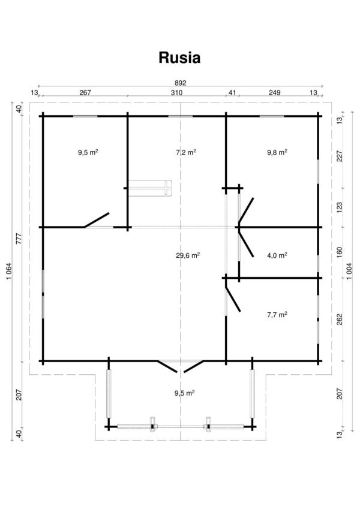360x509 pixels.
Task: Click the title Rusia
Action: tap(179, 58)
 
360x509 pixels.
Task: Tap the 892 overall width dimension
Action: tap(181, 83)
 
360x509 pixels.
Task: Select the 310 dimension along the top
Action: tap(177, 92)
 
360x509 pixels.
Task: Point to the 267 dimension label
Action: tap(85, 92)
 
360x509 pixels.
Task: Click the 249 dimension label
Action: tap(275, 92)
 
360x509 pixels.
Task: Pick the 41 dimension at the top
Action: tap(232, 92)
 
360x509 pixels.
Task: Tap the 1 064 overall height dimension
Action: tap(9, 272)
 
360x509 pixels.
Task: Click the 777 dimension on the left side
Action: tap(19, 239)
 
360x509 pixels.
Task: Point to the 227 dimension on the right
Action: tap(340, 156)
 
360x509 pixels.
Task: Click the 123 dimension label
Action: tap(340, 208)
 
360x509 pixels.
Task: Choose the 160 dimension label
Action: tap(340, 252)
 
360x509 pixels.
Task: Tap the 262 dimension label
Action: tap(340, 320)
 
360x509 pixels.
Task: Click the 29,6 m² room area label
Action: tap(188, 255)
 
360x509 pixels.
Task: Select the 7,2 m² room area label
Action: tap(186, 152)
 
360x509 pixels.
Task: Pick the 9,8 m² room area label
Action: tap(277, 152)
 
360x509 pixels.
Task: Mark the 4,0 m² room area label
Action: tap(277, 255)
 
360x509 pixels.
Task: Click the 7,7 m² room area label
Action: tap(277, 315)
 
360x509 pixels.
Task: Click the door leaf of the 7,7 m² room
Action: tap(233, 299)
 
